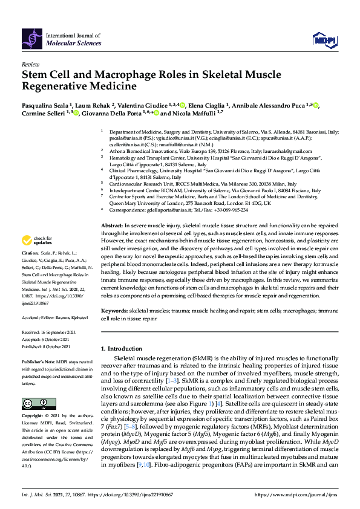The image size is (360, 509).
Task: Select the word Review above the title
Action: coord(30,63)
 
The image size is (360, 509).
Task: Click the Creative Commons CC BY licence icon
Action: coord(34,403)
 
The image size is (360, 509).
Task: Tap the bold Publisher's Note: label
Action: coord(38,361)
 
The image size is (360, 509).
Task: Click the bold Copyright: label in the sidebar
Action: coord(33,417)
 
